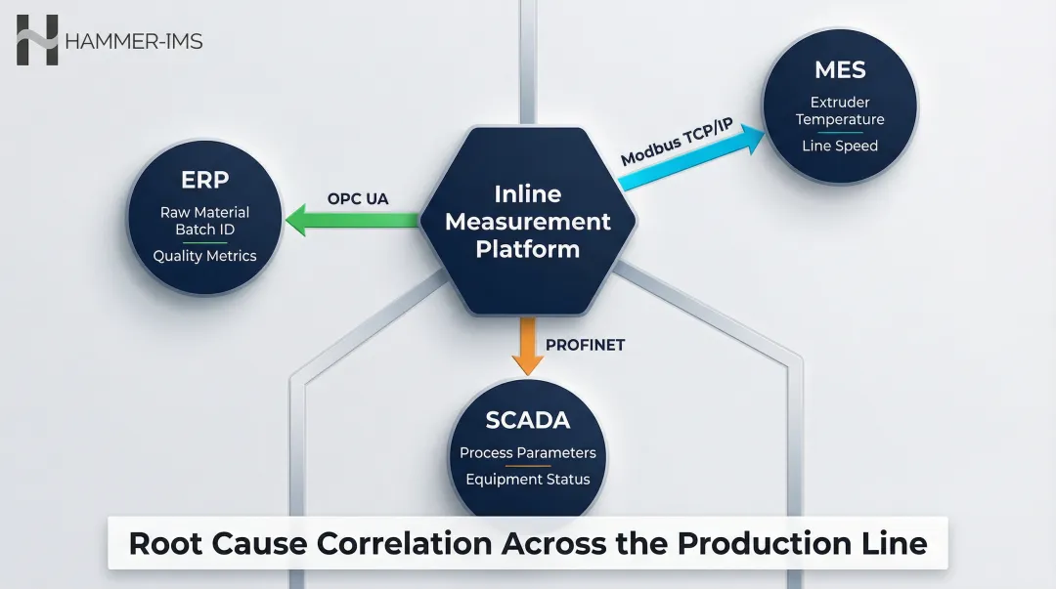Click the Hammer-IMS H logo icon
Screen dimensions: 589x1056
coord(37,41)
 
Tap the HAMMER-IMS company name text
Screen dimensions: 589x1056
coord(133,42)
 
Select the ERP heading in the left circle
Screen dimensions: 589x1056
coord(204,181)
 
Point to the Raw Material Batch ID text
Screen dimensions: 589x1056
coord(204,221)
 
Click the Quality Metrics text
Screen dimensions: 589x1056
coord(204,256)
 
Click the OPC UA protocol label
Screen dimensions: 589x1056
coord(358,199)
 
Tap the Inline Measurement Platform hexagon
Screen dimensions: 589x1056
coord(527,221)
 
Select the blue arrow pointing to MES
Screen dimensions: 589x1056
coord(695,157)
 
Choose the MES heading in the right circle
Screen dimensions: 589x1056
coord(840,70)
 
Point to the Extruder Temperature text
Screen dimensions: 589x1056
coord(840,110)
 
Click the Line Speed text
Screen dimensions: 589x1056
coord(840,147)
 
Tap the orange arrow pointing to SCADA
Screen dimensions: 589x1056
coord(528,347)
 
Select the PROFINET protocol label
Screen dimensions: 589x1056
coord(585,345)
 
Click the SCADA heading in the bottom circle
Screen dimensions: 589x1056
coord(528,420)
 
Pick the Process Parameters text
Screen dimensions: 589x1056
coord(528,453)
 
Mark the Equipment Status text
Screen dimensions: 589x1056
coord(528,480)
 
